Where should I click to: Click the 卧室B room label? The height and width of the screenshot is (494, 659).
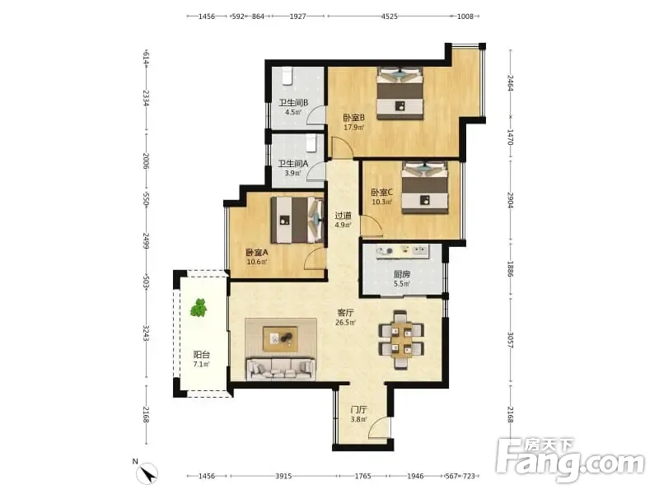(353, 117)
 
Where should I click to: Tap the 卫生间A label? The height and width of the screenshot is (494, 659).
(293, 163)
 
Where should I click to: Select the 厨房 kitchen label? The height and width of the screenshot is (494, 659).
(402, 274)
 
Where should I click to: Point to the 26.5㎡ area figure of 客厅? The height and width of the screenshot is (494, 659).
(345, 323)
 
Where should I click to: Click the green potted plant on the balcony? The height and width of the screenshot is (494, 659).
(199, 307)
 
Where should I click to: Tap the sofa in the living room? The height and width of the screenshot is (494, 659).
(281, 369)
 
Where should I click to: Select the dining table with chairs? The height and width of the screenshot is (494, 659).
(401, 340)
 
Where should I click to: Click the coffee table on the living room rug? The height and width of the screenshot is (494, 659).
(280, 339)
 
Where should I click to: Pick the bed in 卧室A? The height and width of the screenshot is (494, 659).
(297, 220)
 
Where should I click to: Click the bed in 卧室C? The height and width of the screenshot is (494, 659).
(424, 188)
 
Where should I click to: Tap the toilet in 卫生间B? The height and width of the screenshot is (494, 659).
(287, 76)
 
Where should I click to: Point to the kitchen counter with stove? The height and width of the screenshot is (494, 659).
(403, 251)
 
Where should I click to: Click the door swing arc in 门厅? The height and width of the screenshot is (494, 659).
(378, 426)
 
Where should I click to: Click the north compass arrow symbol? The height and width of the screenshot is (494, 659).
(147, 473)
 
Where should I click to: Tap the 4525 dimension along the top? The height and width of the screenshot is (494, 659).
(389, 16)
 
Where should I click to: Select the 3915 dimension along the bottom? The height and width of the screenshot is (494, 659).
(283, 476)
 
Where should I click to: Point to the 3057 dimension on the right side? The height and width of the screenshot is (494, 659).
(510, 340)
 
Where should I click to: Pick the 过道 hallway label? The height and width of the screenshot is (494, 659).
(343, 216)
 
